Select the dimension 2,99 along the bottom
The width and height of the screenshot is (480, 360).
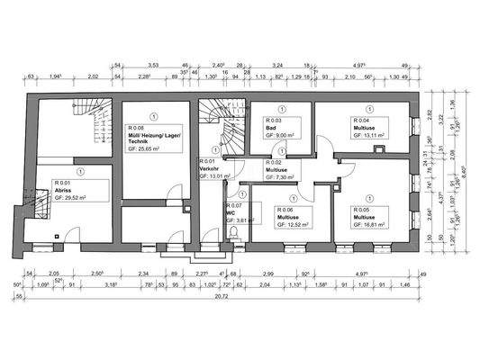point(267,272)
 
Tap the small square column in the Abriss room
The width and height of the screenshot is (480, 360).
point(57,236)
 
